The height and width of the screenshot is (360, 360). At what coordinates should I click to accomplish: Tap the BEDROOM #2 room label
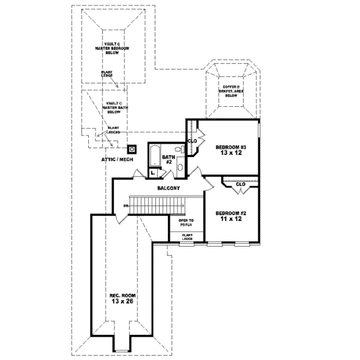230,213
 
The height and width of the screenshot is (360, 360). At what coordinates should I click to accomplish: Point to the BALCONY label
166,188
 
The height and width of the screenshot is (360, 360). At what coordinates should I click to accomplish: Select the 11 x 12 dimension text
230,220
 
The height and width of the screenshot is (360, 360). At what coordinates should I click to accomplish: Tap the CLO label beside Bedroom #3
193,142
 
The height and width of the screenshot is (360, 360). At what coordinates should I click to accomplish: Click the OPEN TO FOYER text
180,222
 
